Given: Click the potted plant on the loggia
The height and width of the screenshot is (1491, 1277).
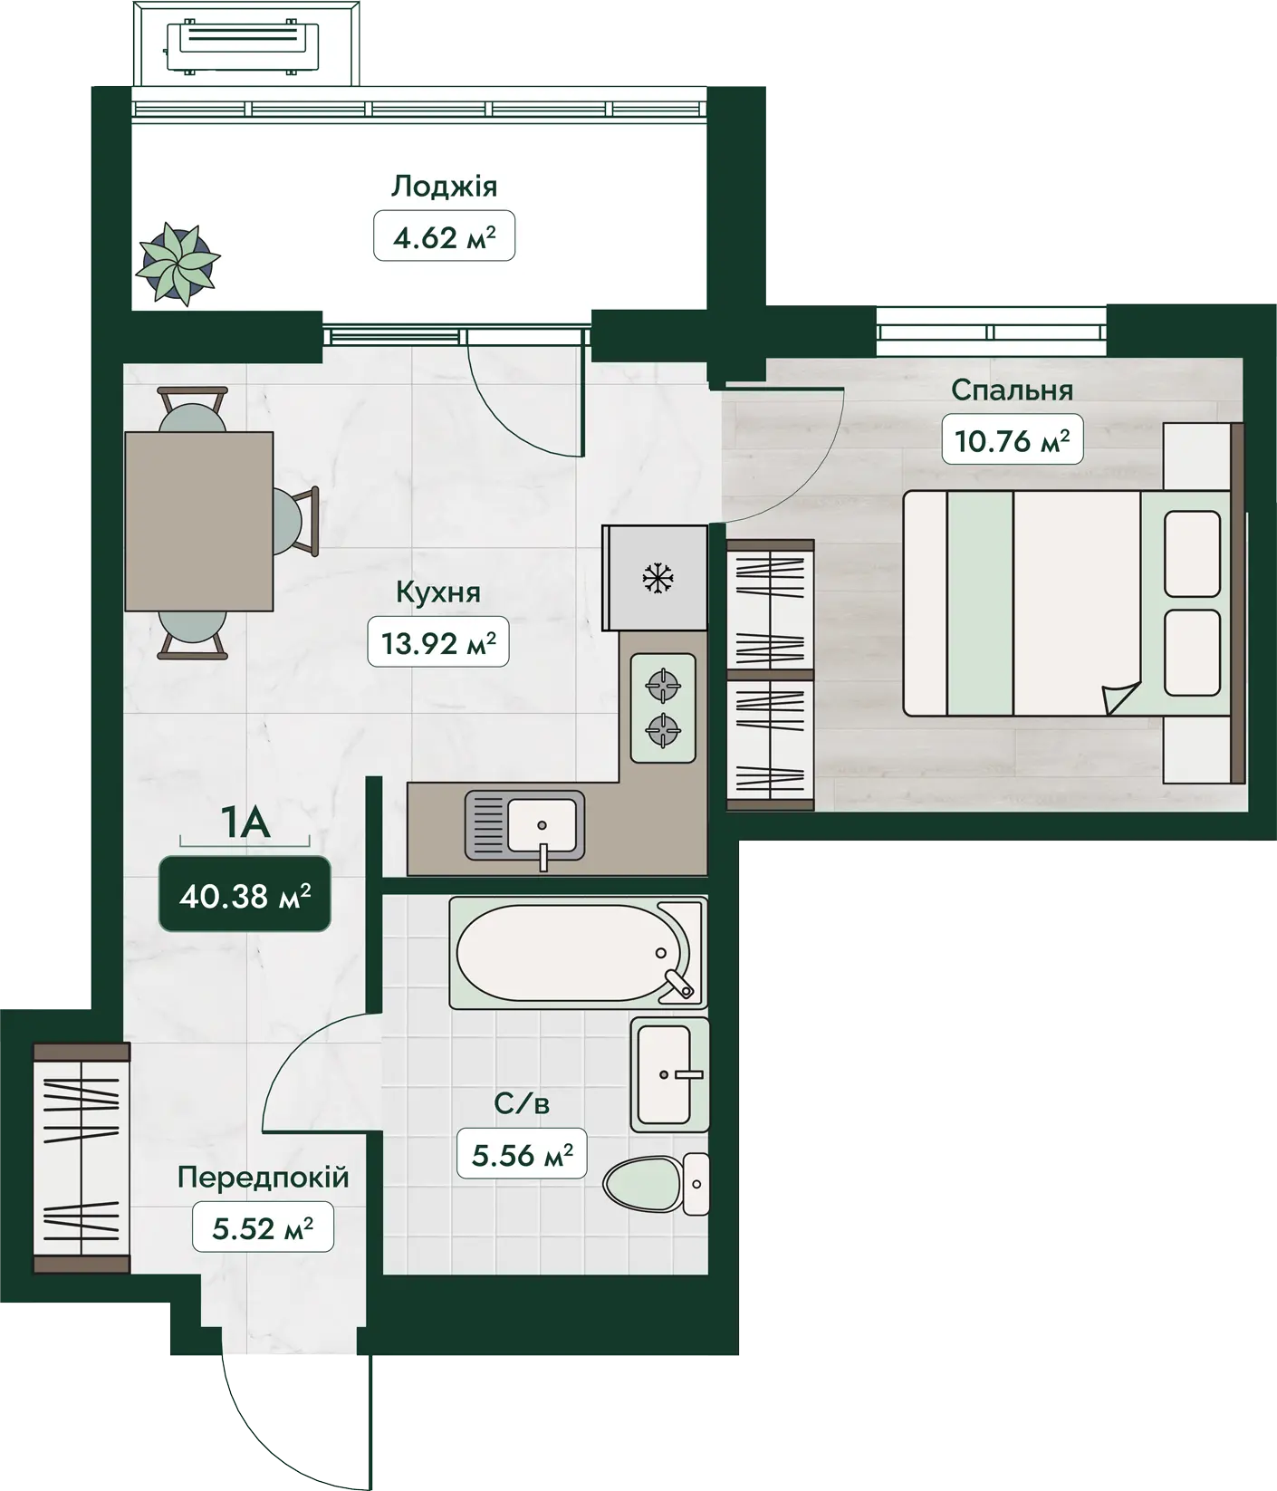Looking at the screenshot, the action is pyautogui.click(x=178, y=264).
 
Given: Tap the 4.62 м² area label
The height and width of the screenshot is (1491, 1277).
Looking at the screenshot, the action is pyautogui.click(x=444, y=236).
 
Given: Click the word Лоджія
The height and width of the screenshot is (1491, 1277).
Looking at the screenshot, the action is pyautogui.click(x=444, y=187).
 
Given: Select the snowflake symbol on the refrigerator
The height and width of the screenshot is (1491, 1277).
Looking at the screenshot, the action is pyautogui.click(x=657, y=577).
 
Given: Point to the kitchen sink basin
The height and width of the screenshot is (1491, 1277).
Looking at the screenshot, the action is pyautogui.click(x=542, y=824).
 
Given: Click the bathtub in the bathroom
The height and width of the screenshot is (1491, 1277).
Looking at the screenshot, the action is pyautogui.click(x=578, y=953).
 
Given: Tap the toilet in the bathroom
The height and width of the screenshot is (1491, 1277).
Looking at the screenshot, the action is pyautogui.click(x=656, y=1184).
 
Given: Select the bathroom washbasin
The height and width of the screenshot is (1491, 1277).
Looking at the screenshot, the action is pyautogui.click(x=670, y=1074).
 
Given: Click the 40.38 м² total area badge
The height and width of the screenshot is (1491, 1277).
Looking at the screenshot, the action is pyautogui.click(x=245, y=896).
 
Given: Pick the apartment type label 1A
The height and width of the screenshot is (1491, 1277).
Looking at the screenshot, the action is pyautogui.click(x=245, y=822).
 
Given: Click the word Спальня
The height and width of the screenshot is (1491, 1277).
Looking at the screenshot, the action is pyautogui.click(x=1012, y=390).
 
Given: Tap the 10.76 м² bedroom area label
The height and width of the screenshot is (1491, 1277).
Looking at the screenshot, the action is pyautogui.click(x=1012, y=440).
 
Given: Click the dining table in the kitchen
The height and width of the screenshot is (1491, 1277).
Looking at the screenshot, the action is pyautogui.click(x=199, y=521).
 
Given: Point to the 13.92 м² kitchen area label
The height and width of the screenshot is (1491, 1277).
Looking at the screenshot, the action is pyautogui.click(x=438, y=643).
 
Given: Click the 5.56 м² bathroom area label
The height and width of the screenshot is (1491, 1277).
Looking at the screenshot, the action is pyautogui.click(x=523, y=1154).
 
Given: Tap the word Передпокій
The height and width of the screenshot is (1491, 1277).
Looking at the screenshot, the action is pyautogui.click(x=263, y=1178).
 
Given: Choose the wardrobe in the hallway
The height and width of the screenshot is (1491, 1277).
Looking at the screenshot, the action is pyautogui.click(x=82, y=1159).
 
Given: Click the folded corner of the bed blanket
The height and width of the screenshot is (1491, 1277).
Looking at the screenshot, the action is pyautogui.click(x=1120, y=697).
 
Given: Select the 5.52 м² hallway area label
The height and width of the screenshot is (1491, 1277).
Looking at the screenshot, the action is pyautogui.click(x=263, y=1227).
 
